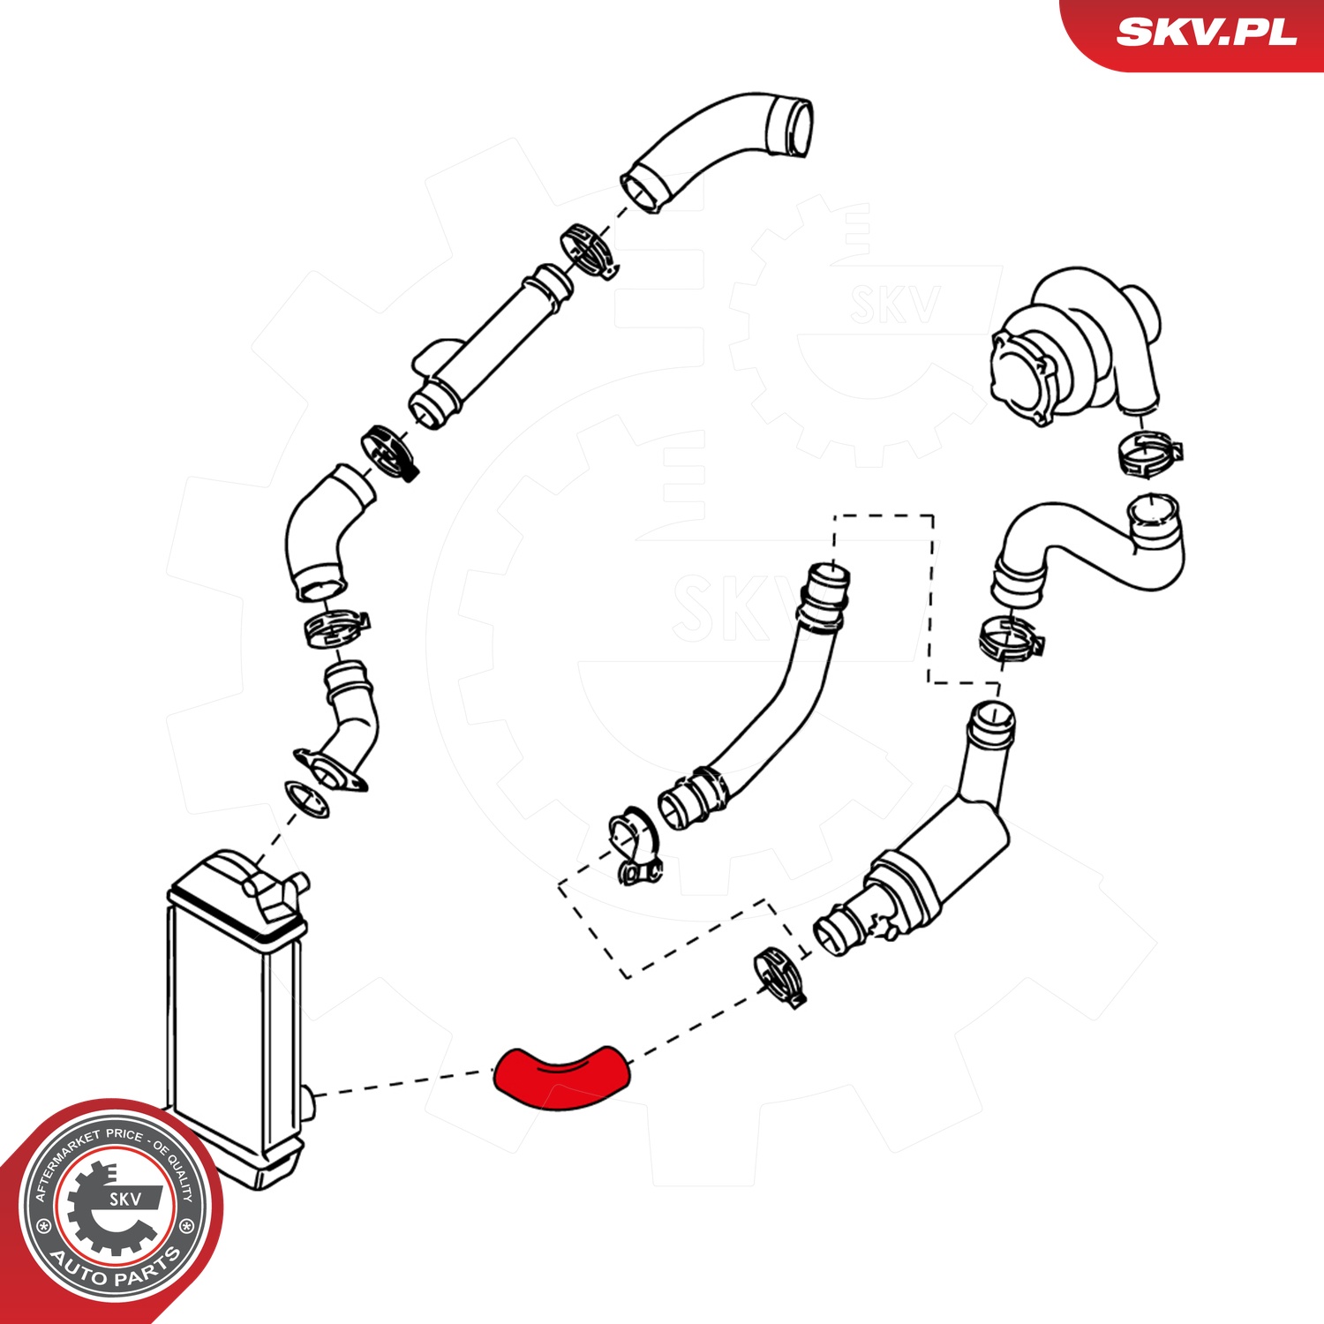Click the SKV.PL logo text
(1206, 33)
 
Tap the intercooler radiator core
(234, 1024)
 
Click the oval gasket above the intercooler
(306, 798)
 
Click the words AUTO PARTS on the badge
(115, 1268)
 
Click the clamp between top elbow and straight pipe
(587, 250)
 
